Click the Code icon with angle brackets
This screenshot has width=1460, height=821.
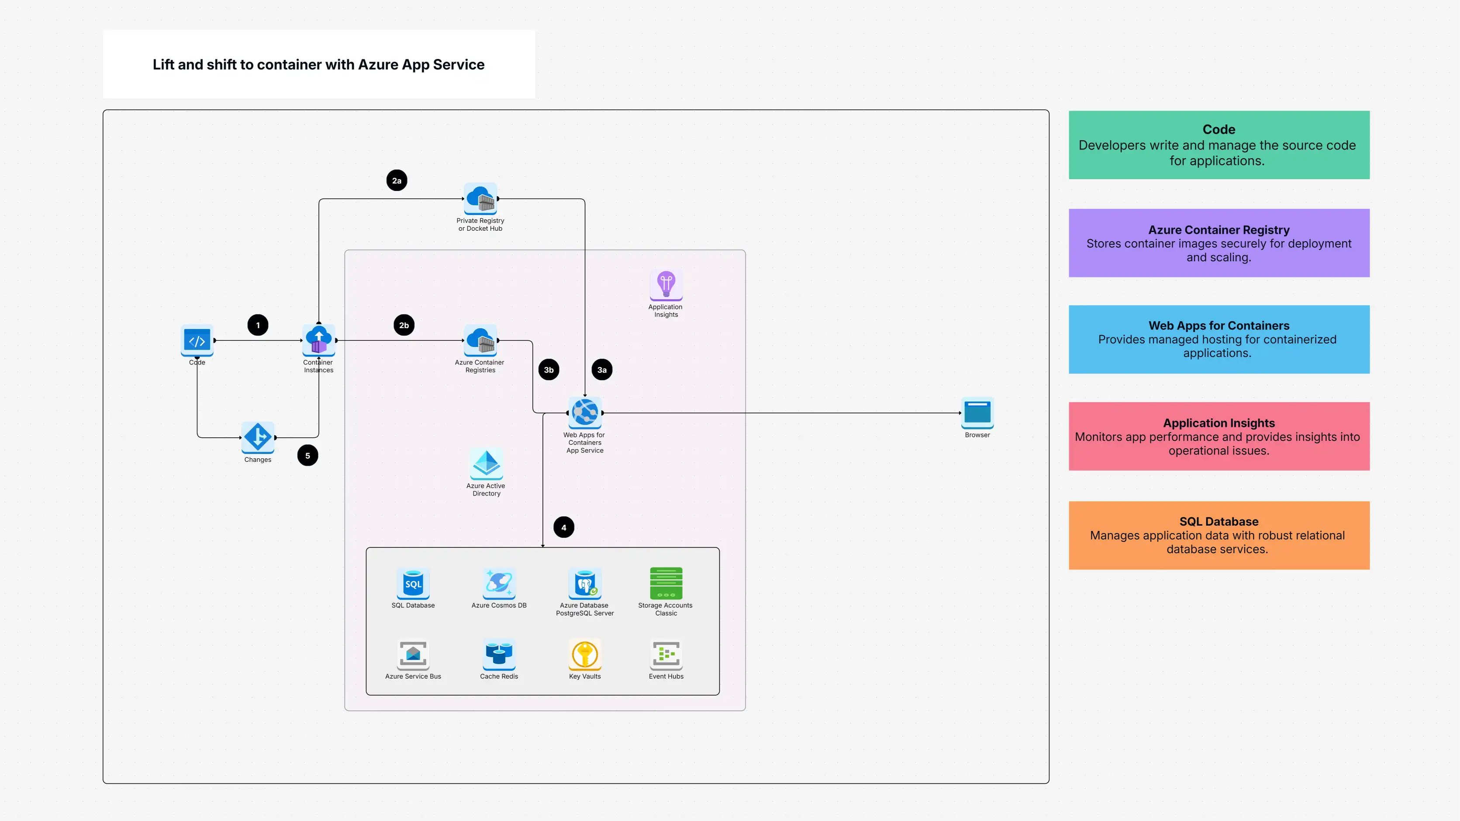[197, 340]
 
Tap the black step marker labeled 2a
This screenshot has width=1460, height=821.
[397, 180]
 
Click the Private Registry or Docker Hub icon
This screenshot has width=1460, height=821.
[480, 198]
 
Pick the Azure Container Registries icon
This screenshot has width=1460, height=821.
[480, 340]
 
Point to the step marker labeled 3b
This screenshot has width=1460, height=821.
[549, 370]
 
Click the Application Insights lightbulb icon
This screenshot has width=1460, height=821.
[666, 284]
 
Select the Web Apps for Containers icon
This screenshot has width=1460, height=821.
[585, 412]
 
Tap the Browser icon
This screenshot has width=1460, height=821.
[977, 412]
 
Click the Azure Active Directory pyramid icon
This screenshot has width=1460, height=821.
[486, 463]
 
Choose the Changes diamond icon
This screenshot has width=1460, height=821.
[258, 437]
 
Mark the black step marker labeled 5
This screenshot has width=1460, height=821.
[308, 455]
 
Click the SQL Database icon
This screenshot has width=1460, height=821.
[413, 583]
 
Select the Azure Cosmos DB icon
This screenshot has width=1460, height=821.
[499, 583]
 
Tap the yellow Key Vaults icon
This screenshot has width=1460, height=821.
[585, 654]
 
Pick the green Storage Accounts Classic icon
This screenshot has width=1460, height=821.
[666, 583]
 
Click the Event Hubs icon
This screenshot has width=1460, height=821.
[666, 654]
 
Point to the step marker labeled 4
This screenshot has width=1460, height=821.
[563, 527]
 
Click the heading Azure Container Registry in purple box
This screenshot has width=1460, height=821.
[1218, 230]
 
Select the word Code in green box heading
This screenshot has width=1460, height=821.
[1218, 129]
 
